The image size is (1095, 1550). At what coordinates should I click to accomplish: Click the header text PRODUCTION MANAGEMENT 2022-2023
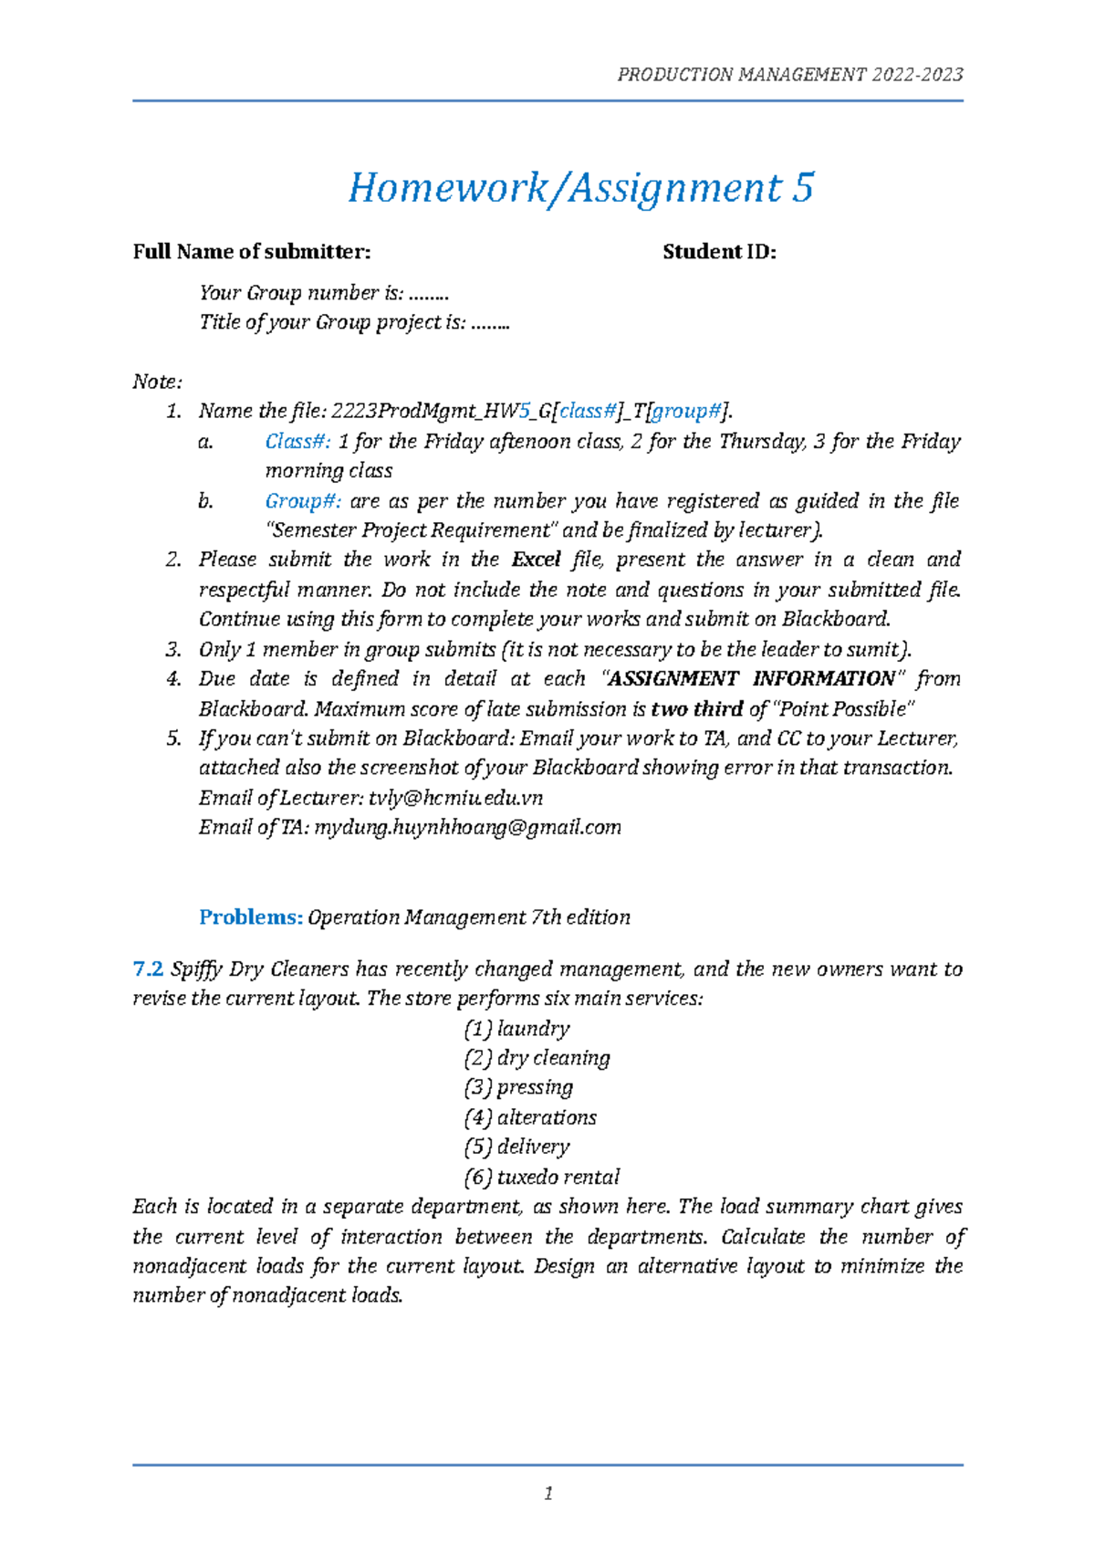click(x=789, y=75)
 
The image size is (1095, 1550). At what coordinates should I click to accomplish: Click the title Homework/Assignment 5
click(x=580, y=188)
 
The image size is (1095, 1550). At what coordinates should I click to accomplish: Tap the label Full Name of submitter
click(x=252, y=252)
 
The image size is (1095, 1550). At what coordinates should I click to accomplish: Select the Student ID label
click(x=719, y=252)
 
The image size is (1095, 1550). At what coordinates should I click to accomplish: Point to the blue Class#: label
click(x=297, y=442)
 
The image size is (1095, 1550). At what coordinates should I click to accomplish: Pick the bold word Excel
click(x=537, y=560)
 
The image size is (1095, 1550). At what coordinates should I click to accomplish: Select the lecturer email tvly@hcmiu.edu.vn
click(x=455, y=798)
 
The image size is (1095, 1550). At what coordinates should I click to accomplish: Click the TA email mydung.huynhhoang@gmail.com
click(x=467, y=828)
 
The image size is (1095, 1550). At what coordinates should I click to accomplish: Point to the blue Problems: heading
click(x=251, y=917)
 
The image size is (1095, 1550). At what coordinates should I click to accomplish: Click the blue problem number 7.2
click(x=148, y=969)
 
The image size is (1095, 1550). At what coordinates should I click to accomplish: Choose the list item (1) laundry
click(x=516, y=1029)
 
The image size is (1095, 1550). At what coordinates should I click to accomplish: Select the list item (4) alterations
click(x=530, y=1117)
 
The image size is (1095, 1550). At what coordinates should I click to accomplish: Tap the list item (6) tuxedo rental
click(x=542, y=1177)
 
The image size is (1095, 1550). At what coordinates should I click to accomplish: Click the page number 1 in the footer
click(x=548, y=1493)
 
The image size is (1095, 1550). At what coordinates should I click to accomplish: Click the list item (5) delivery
click(x=516, y=1147)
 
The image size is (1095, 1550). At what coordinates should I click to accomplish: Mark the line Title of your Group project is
click(x=354, y=322)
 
